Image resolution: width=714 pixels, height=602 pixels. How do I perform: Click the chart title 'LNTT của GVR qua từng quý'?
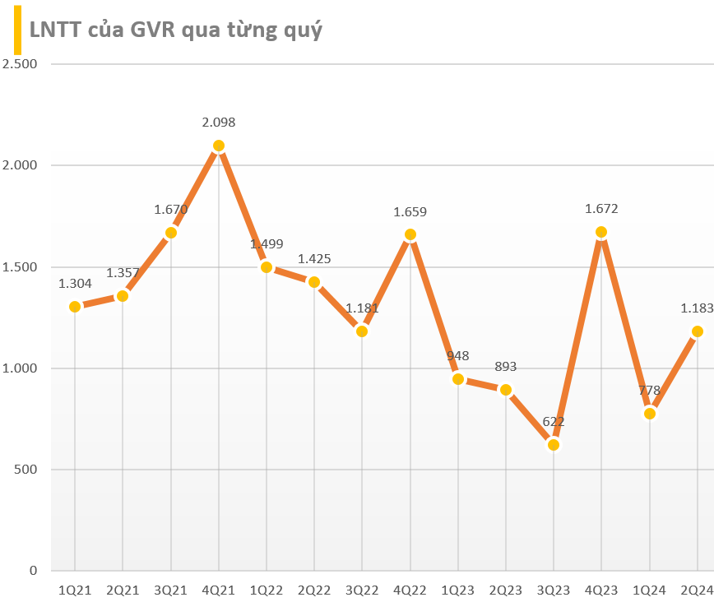[x=176, y=30]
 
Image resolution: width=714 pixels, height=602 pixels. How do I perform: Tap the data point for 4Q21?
[x=219, y=146]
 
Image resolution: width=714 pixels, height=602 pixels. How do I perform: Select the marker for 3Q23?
[x=554, y=445]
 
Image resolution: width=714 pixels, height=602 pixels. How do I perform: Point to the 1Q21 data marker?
[x=75, y=307]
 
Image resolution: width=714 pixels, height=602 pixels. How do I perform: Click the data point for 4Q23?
[x=601, y=232]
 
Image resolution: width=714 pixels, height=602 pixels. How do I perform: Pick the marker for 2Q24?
[x=698, y=331]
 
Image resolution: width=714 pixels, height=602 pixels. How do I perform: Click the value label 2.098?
[x=219, y=123]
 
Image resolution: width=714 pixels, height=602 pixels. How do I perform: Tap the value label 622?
[x=554, y=422]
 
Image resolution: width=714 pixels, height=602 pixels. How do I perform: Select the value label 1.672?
[x=601, y=209]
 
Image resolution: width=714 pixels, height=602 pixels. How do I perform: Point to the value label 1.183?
[x=697, y=308]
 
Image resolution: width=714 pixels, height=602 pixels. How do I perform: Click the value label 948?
[x=457, y=356]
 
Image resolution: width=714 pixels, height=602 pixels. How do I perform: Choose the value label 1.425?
[x=314, y=259]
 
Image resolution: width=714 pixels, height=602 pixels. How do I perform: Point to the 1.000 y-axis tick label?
[x=21, y=368]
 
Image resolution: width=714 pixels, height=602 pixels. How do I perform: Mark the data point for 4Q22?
[x=410, y=234]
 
